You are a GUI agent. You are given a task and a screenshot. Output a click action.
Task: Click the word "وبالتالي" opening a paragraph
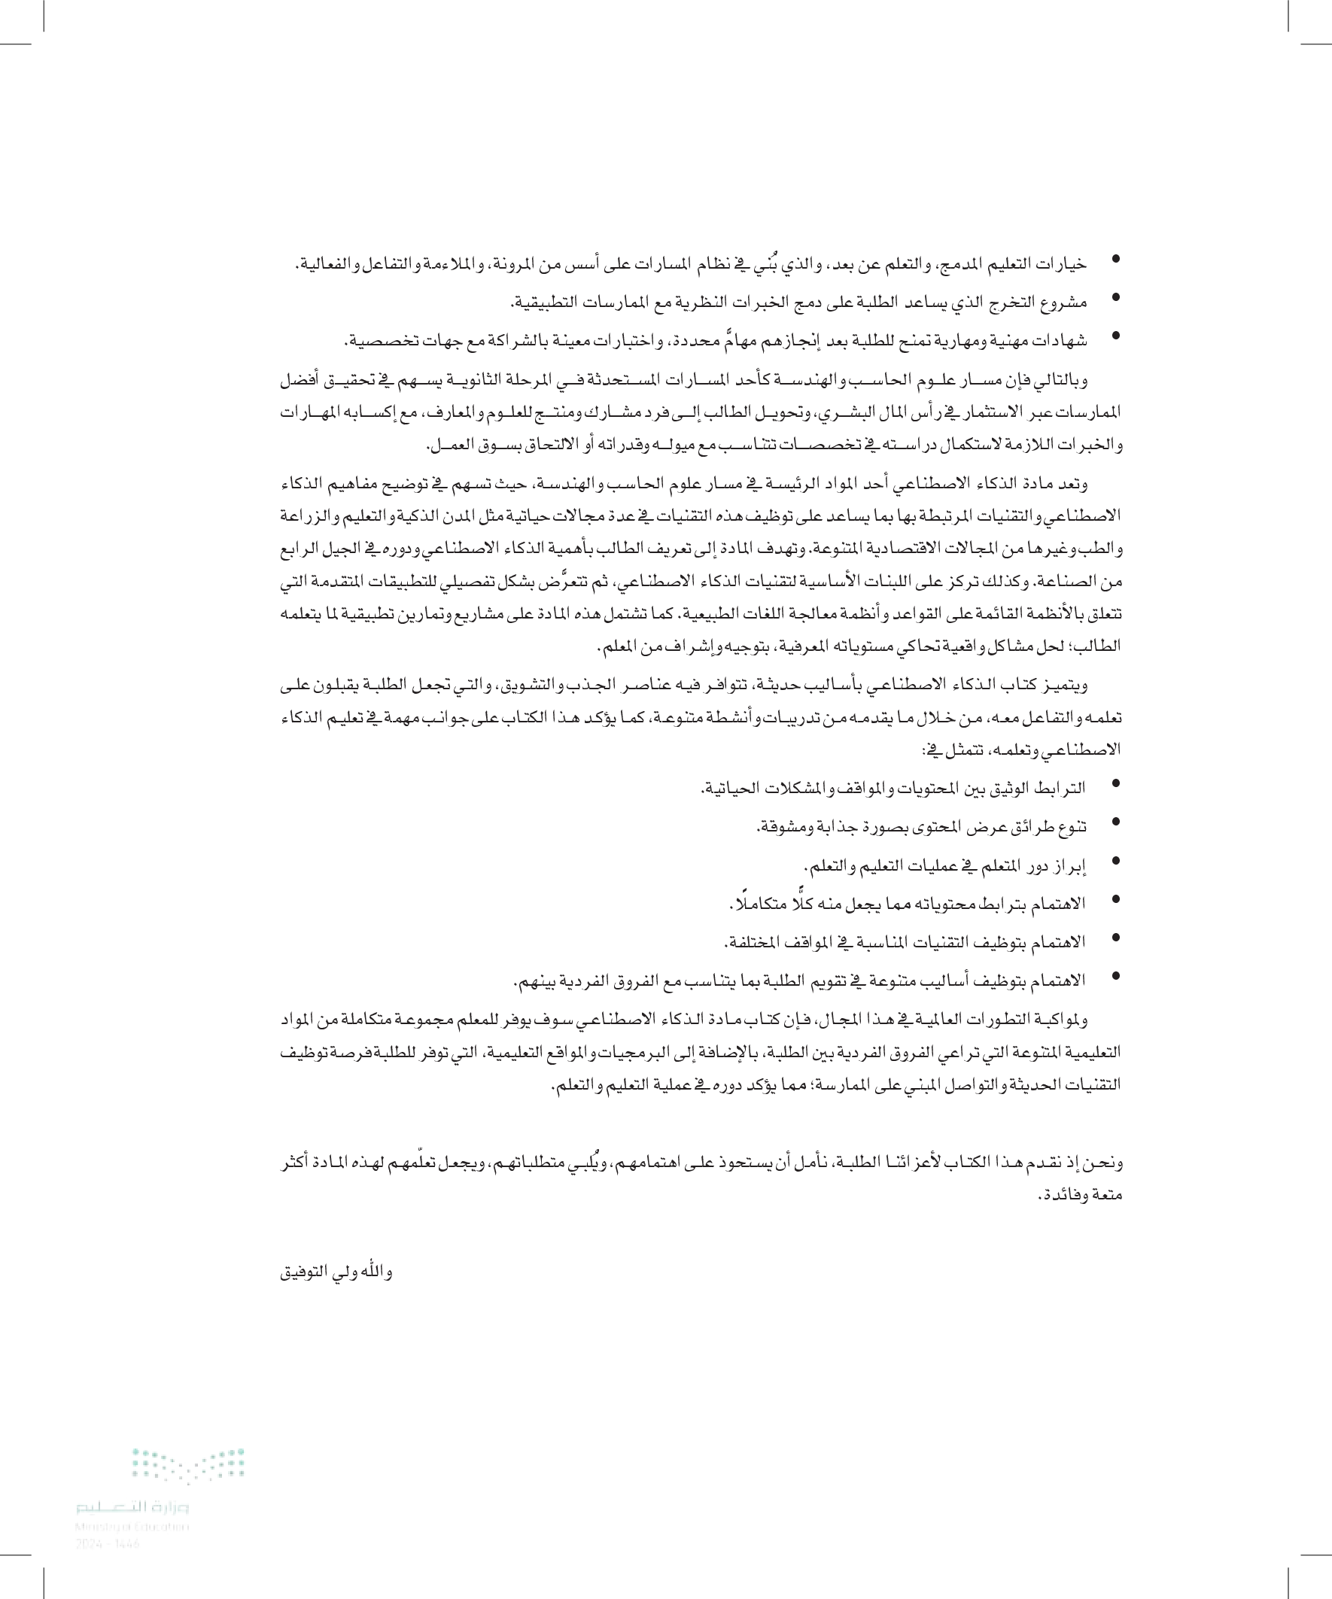point(1063,379)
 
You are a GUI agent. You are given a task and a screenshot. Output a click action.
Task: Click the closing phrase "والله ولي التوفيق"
point(336,1272)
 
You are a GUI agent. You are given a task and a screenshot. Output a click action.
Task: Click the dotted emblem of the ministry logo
point(188,1465)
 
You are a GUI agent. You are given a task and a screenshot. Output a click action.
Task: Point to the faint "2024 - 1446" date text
point(108,1543)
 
